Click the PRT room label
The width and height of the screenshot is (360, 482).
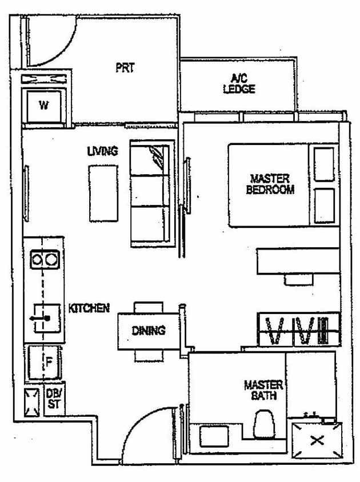[x=125, y=68]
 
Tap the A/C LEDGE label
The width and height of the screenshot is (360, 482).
[x=238, y=84]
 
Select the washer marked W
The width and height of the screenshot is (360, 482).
[x=43, y=105]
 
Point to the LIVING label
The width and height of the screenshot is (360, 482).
[x=103, y=151]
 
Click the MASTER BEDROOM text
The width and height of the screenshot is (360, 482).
[x=270, y=184]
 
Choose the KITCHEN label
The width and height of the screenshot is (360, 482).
[x=89, y=308]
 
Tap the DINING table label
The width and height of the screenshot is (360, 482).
[x=149, y=331]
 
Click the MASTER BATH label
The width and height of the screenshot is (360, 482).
[x=263, y=390]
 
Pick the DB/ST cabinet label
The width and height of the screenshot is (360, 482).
[x=53, y=397]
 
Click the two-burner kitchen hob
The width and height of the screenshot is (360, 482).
[x=44, y=260]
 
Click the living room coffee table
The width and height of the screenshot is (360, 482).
[x=102, y=192]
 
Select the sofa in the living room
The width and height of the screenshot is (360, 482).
[x=151, y=194]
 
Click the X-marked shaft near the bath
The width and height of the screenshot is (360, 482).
[x=317, y=440]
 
